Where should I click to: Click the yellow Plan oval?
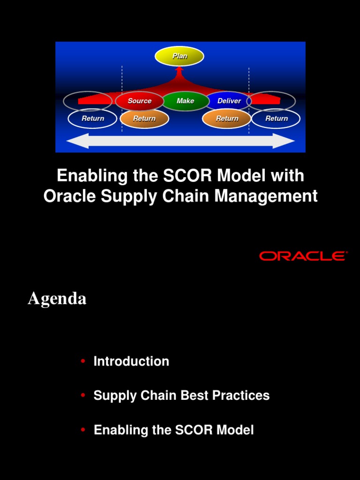180,56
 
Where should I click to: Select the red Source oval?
139,101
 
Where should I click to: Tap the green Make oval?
185,101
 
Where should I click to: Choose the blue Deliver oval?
229,101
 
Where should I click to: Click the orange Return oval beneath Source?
144,119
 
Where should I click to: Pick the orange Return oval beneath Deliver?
227,119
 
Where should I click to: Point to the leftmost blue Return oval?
92,119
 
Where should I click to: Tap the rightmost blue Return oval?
276,119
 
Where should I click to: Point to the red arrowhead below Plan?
179,70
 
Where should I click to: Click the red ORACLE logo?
303,256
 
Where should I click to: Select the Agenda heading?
57,298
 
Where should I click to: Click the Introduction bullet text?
131,361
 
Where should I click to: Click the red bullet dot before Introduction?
83,361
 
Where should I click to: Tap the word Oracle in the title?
65,196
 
